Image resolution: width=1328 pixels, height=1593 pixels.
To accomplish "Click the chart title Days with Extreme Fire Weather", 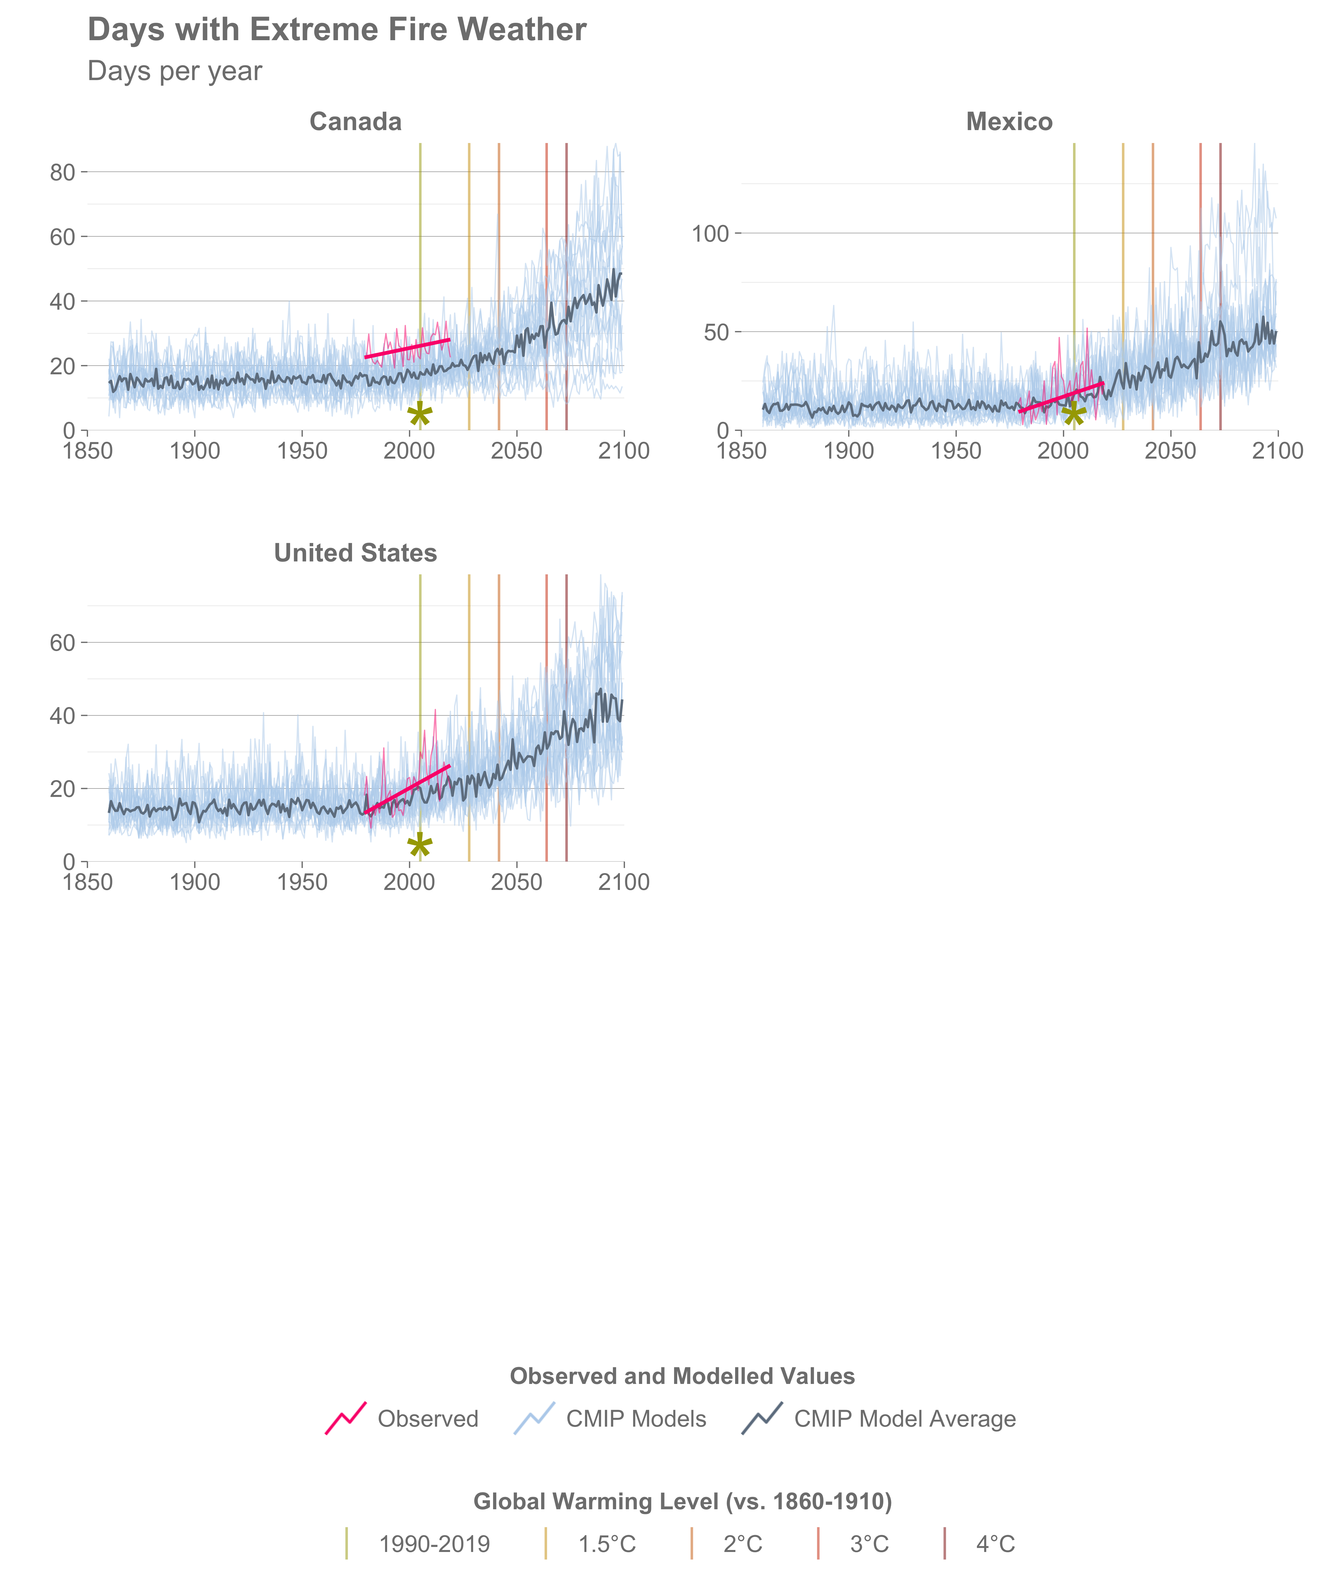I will click(x=337, y=30).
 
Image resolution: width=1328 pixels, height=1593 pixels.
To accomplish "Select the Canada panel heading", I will click(x=355, y=122).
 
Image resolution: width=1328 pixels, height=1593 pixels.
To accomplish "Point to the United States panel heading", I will click(x=355, y=553).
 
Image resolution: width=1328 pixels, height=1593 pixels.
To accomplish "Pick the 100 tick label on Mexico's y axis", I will click(x=710, y=234).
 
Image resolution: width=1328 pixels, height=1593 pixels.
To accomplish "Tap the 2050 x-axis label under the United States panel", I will click(x=516, y=882).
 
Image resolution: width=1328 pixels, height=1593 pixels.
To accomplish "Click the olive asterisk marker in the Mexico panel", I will click(x=1074, y=414).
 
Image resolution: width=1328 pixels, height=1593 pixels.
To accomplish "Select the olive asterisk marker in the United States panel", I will click(x=420, y=846).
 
